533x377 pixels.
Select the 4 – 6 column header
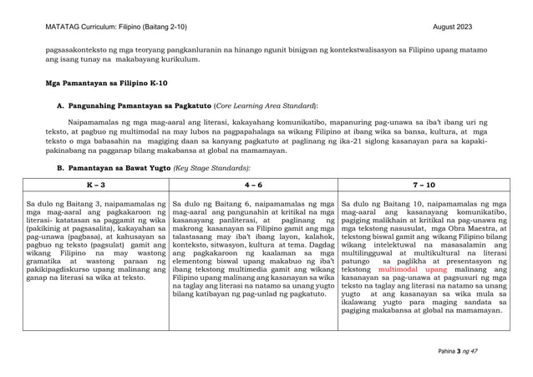(x=256, y=182)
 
